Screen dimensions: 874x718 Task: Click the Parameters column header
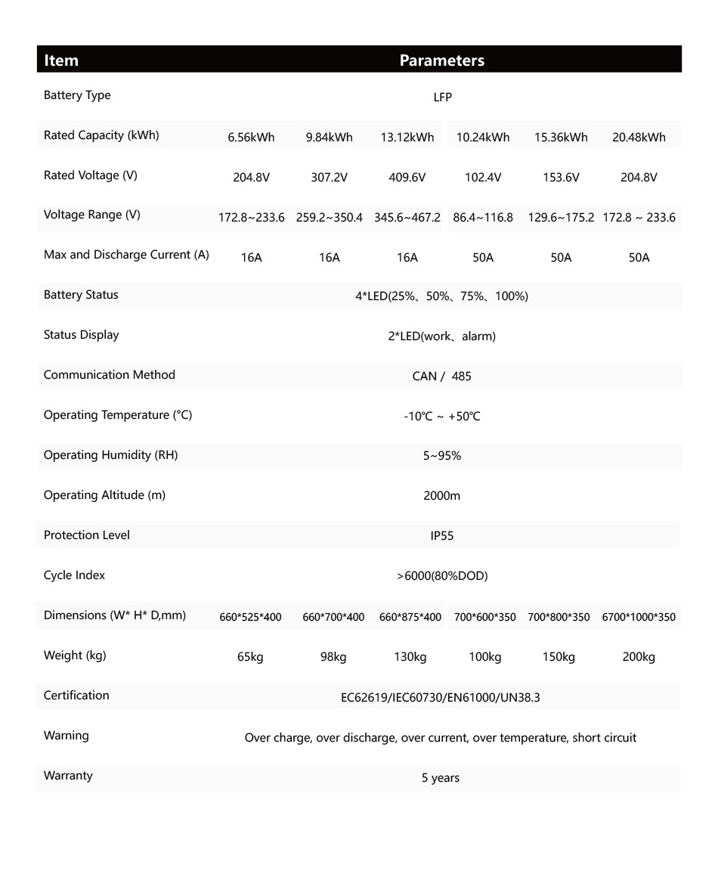tap(441, 60)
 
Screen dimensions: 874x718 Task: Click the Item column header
tap(61, 60)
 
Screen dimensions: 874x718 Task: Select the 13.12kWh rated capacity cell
tap(407, 137)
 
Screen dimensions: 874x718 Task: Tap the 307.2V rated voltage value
tap(330, 178)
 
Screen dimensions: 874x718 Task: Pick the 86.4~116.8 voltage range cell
tap(483, 218)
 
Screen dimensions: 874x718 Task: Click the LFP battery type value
tap(442, 98)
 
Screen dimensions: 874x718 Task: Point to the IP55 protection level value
tap(442, 536)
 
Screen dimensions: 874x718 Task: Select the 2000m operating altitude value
tap(442, 496)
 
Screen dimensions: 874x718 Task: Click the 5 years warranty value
tap(441, 778)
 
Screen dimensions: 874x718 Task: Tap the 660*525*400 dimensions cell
tap(250, 617)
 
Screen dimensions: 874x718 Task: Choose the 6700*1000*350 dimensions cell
tap(639, 617)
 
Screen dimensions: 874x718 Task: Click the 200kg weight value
tap(639, 657)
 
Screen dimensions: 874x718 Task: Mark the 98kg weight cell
tap(333, 657)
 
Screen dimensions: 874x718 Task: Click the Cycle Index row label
tap(74, 575)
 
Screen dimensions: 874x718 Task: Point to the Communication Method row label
tap(110, 375)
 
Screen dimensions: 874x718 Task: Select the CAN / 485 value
tap(442, 377)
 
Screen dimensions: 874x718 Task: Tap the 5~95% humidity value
tap(442, 456)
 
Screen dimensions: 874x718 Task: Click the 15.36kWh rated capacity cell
tap(561, 137)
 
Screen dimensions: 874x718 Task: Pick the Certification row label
tap(76, 696)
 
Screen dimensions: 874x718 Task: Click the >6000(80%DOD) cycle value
tap(442, 576)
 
